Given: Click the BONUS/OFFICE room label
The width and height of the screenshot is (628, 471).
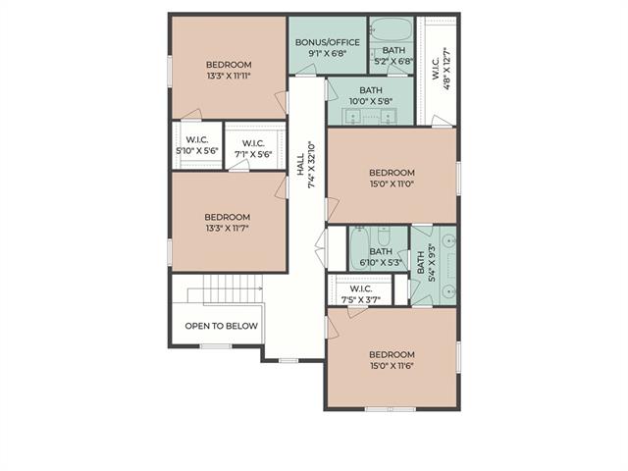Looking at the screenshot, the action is pos(328,42).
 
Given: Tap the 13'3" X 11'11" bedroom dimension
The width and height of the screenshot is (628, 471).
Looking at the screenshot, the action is pos(229,76).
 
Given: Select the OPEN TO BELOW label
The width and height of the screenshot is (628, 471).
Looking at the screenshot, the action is pos(221,326).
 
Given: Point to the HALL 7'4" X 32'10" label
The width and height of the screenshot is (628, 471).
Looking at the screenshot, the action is pos(306,165).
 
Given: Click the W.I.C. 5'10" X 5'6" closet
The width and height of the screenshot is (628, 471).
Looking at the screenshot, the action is pos(197,145).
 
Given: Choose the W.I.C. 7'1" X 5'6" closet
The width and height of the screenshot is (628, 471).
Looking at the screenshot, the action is pos(253,148).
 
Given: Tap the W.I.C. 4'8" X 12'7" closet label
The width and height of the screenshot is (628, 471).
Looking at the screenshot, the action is pos(442,68).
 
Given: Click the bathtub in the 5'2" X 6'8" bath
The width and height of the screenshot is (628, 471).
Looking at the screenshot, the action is pos(392,28).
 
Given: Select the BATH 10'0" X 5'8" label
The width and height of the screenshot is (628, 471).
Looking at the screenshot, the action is pos(371,96).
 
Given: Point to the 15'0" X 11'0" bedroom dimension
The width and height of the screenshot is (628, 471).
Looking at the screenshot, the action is pos(392,183).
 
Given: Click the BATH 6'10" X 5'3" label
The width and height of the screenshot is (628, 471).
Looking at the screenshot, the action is pos(381,257).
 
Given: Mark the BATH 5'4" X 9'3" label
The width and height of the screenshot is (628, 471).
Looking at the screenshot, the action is pos(426,262).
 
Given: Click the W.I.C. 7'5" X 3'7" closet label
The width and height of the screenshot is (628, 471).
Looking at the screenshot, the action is pos(361,294).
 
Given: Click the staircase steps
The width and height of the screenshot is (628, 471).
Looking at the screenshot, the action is pos(233,288).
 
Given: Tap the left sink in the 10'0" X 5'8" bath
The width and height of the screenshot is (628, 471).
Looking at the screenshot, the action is pos(352,116).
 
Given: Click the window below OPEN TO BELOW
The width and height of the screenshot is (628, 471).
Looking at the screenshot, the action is pos(216,346).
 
